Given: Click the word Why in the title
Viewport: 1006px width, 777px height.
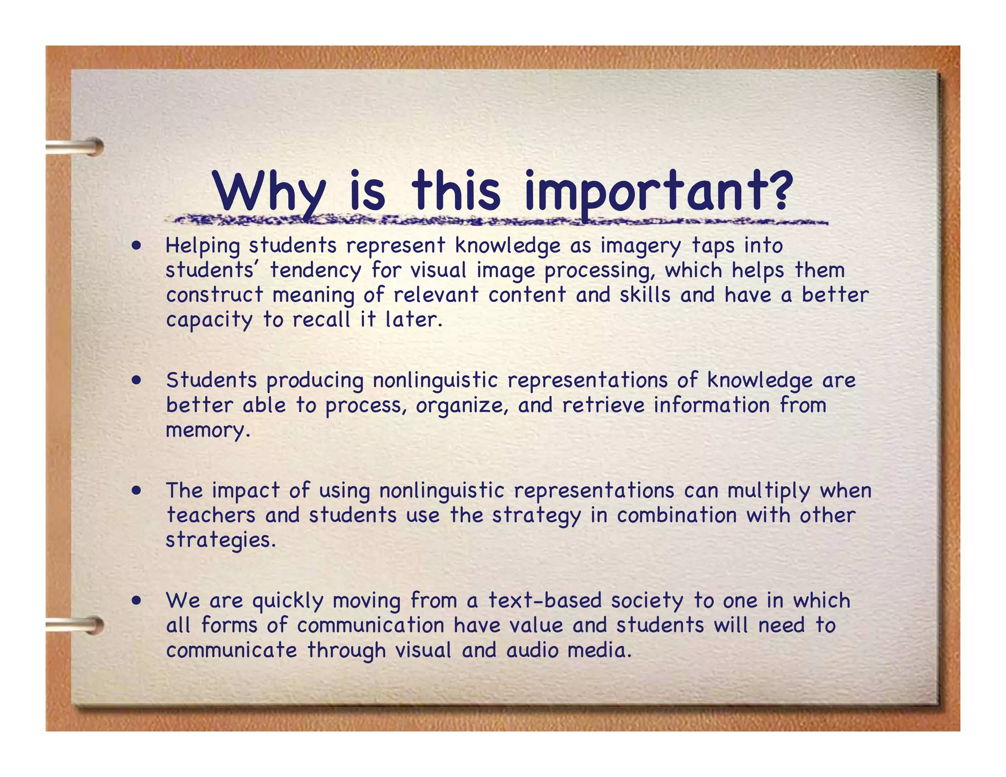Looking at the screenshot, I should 270,192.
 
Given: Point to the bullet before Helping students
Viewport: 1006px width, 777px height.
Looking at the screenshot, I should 137,245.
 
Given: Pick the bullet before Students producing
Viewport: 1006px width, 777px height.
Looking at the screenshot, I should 137,380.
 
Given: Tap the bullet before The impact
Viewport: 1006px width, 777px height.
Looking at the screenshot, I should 137,490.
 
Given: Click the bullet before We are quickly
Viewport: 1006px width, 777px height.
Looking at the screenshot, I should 137,600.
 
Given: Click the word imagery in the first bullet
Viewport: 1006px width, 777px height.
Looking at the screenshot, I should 641,246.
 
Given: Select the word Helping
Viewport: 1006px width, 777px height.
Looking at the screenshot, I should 202,246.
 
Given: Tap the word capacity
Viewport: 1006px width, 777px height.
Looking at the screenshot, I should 209,320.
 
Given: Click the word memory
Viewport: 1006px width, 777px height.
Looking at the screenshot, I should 208,430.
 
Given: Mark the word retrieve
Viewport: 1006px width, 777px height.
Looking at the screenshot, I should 603,406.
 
